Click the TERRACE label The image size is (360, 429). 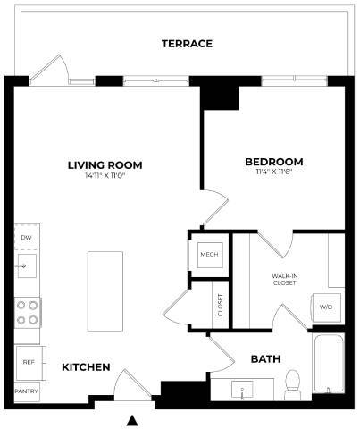187,44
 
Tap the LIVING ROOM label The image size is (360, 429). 105,164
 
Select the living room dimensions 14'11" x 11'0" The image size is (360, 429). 105,177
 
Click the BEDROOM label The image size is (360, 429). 273,162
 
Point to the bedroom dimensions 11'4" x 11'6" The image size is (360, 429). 273,174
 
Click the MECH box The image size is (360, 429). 210,255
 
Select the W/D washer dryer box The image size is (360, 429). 326,307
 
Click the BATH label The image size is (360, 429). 264,358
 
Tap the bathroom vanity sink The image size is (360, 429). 241,390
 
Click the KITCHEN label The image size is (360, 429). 86,367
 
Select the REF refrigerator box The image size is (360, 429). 27,364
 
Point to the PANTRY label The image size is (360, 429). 27,391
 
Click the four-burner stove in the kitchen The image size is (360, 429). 28,312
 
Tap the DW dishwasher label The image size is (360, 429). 27,238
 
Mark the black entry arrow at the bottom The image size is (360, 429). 133,420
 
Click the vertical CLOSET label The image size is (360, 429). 221,305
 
